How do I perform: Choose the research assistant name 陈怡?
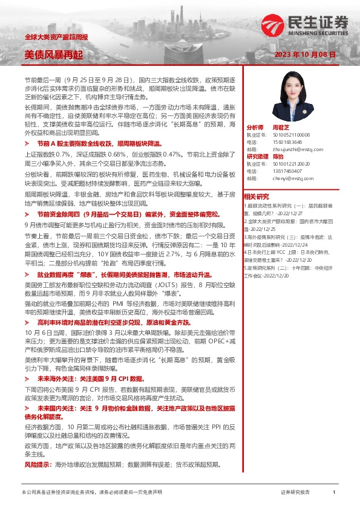tap(278, 156)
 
